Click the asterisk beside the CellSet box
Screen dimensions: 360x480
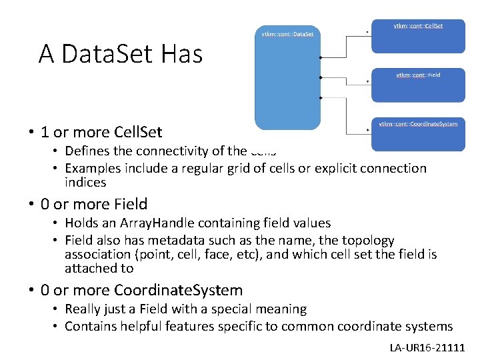tap(368, 32)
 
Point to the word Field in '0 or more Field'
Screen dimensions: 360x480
tap(130, 204)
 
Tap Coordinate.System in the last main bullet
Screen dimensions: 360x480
tap(178, 290)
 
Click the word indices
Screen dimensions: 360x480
tap(85, 182)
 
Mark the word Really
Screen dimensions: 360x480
tap(85, 309)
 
